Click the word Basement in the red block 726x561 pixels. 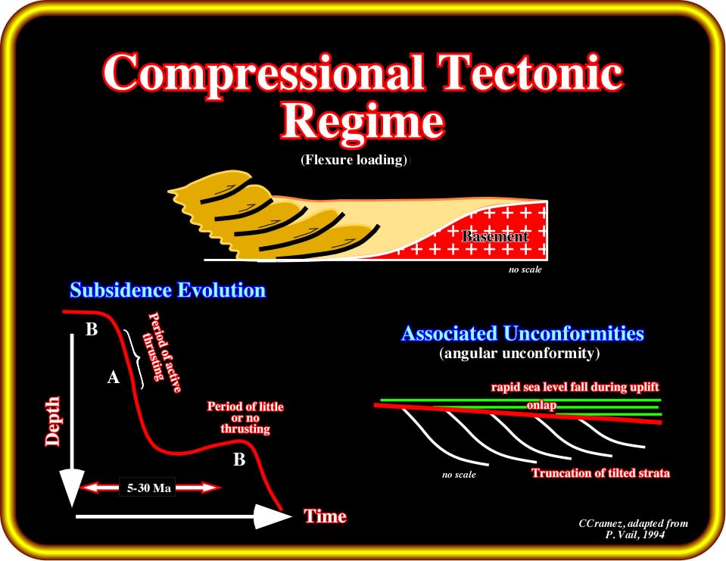pyautogui.click(x=495, y=236)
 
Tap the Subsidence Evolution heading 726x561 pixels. pyautogui.click(x=168, y=290)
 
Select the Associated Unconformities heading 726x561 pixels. pyautogui.click(x=523, y=333)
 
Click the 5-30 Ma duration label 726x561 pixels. pyautogui.click(x=148, y=488)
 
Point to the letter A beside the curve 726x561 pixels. pyautogui.click(x=114, y=378)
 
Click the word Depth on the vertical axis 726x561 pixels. pyautogui.click(x=53, y=421)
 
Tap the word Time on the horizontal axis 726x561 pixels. pyautogui.click(x=325, y=516)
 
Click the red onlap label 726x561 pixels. pyautogui.click(x=541, y=405)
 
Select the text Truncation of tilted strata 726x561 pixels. pyautogui.click(x=600, y=473)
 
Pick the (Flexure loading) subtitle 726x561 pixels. pyautogui.click(x=354, y=160)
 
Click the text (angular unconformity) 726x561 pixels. pyautogui.click(x=519, y=354)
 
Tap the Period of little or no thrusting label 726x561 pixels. pyautogui.click(x=245, y=417)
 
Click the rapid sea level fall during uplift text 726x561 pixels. pyautogui.click(x=575, y=387)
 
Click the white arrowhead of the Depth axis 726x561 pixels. pyautogui.click(x=72, y=488)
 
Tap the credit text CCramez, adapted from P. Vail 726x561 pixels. pyautogui.click(x=634, y=528)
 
